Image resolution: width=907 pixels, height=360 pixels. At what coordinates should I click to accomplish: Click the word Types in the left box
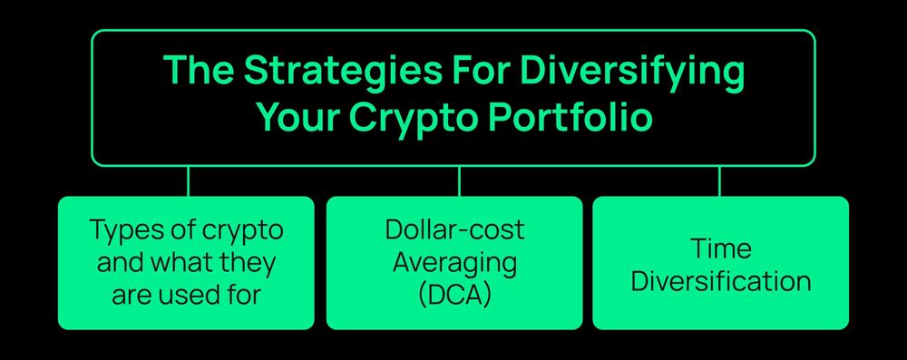(x=122, y=230)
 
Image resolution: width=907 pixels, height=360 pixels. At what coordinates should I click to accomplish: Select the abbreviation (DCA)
(x=454, y=295)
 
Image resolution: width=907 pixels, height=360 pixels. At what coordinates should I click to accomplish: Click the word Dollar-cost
(x=454, y=230)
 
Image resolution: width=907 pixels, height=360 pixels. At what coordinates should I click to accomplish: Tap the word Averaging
(x=454, y=263)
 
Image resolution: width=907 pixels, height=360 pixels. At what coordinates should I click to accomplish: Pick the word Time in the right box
(x=720, y=248)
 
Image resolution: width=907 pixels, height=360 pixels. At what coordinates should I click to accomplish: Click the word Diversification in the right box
(x=720, y=280)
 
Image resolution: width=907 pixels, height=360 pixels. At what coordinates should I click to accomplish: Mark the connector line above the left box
(x=188, y=180)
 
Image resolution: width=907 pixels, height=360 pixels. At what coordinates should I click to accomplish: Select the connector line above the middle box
(x=458, y=180)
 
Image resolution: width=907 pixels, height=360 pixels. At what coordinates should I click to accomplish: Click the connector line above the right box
(x=719, y=180)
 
